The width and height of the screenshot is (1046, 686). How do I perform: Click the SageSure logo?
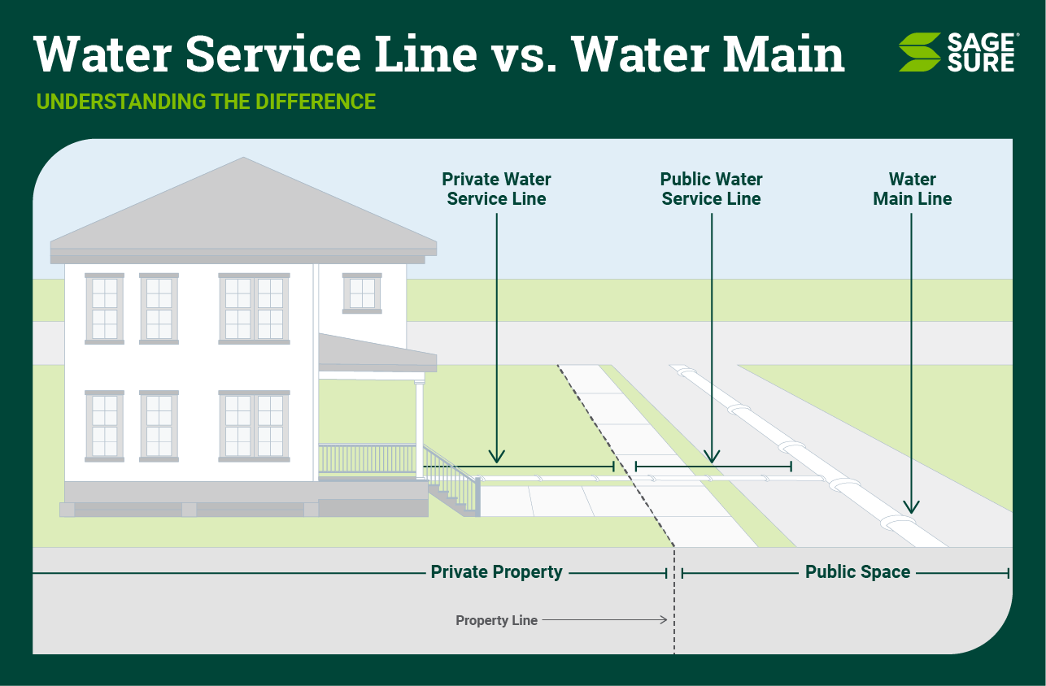957,52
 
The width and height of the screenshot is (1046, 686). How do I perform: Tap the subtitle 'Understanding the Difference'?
206,102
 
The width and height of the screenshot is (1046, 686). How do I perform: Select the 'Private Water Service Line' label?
496,189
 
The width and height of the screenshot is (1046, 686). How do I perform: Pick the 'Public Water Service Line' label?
711,189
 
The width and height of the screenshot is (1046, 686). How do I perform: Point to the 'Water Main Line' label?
912,189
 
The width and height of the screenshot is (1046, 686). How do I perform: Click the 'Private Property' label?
496,572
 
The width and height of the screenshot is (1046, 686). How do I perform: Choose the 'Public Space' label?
857,572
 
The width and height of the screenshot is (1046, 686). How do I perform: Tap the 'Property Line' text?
496,620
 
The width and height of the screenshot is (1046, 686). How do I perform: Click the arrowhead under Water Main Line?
911,507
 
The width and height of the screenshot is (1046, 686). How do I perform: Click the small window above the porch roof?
362,293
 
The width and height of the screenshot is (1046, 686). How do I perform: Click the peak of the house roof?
243,159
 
